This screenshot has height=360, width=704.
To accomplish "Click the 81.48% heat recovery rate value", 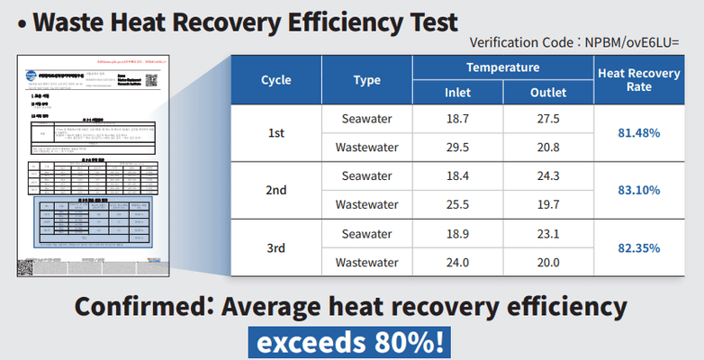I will (x=638, y=132).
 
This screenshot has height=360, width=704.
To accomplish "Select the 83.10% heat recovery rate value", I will (x=638, y=190).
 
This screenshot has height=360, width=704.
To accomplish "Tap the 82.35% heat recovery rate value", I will (x=638, y=247).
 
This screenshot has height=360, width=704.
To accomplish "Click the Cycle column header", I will (x=276, y=80).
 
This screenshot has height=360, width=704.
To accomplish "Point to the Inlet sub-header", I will (x=457, y=93).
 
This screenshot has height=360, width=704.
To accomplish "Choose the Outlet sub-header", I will (x=548, y=93).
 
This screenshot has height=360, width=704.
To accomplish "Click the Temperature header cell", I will (x=502, y=67).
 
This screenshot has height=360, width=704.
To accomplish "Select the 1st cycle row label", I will (x=276, y=132).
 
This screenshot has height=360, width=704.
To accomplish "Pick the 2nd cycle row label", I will (x=276, y=190).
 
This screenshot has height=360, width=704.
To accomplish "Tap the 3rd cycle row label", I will (x=276, y=247).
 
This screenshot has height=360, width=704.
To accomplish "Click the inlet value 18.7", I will (x=457, y=119).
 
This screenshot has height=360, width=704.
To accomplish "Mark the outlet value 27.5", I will (x=548, y=119).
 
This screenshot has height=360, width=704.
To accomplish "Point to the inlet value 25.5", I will (x=457, y=204).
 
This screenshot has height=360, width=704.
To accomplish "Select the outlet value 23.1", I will (x=548, y=234).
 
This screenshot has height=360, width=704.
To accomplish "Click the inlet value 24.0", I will (x=457, y=263).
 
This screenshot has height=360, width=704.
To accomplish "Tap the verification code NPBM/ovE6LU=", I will (x=644, y=41).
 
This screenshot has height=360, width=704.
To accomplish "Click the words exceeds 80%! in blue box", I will (x=351, y=342).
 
